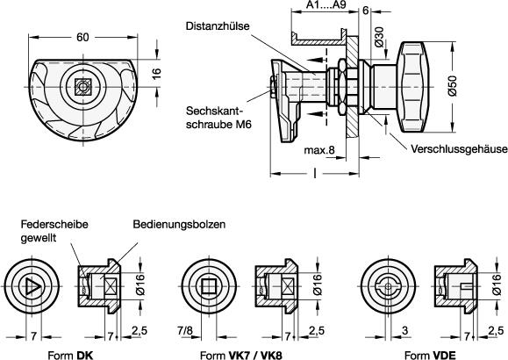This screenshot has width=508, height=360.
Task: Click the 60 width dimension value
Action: (82, 37)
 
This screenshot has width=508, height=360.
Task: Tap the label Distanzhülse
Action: (218, 26)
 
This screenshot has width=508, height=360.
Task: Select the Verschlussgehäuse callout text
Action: (459, 149)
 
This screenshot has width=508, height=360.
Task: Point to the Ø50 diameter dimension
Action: (452, 86)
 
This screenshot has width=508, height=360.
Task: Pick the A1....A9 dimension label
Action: (326, 5)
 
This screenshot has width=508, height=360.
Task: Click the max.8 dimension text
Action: (319, 150)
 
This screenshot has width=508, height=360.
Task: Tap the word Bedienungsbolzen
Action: (179, 225)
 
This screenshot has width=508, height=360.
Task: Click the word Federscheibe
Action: (54, 225)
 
